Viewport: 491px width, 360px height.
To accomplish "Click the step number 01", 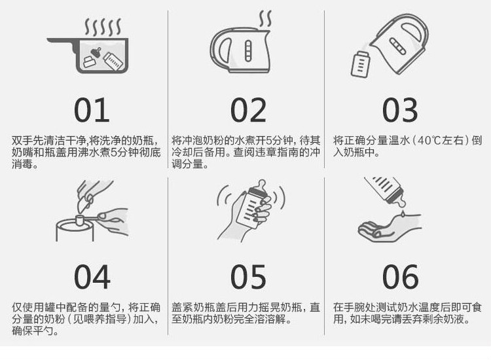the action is (92, 110).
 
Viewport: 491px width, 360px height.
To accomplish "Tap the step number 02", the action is (248, 110).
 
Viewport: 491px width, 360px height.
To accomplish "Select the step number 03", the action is (400, 110).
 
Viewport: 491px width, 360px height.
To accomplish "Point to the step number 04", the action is (92, 277).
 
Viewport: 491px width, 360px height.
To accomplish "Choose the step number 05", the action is (248, 277).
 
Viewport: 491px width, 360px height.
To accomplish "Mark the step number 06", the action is (400, 277).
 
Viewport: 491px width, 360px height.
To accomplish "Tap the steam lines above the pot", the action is (103, 27).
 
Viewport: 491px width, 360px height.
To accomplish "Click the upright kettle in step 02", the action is (240, 50).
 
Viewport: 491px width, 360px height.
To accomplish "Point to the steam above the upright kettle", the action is (265, 19).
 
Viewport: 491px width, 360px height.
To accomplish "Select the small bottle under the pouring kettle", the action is (360, 65).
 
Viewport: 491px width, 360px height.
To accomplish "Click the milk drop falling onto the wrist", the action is (403, 214).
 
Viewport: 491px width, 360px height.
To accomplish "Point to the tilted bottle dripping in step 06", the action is (385, 190).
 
